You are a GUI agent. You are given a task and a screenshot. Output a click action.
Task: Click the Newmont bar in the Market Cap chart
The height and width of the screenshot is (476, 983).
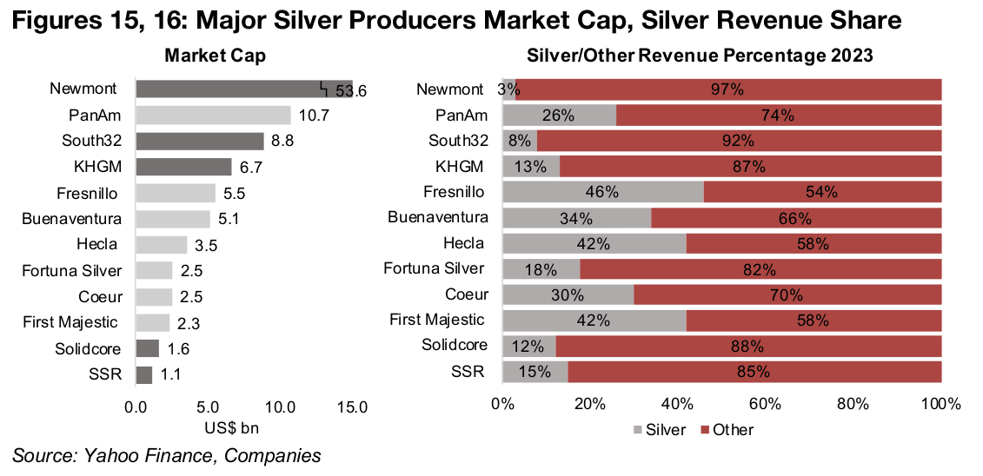coord(243,89)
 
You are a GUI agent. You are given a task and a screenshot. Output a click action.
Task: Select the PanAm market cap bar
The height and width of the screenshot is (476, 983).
coord(213,116)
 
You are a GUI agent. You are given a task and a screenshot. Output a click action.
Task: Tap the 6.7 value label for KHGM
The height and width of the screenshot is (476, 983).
coord(249,167)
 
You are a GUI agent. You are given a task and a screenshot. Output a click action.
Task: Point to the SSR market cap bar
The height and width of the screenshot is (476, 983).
coord(144,375)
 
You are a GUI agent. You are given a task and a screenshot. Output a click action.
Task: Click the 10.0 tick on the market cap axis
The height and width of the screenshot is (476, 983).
coord(282,406)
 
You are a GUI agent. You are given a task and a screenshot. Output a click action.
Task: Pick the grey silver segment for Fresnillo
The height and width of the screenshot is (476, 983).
coord(602,193)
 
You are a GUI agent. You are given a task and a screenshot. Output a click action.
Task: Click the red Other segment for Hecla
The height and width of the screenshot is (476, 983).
coord(814,244)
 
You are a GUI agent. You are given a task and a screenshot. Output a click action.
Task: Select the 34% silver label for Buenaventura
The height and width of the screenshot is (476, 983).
coord(576,218)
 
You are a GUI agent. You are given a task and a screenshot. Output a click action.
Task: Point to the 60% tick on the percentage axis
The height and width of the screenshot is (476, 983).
coord(767,405)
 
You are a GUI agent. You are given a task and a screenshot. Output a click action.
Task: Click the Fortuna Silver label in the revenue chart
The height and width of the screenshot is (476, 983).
coord(434,268)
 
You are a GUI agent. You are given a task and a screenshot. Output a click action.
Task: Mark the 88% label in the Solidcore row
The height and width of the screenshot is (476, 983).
coord(748,347)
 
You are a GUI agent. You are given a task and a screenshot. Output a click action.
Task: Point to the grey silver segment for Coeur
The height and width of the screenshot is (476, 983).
coord(568,295)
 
